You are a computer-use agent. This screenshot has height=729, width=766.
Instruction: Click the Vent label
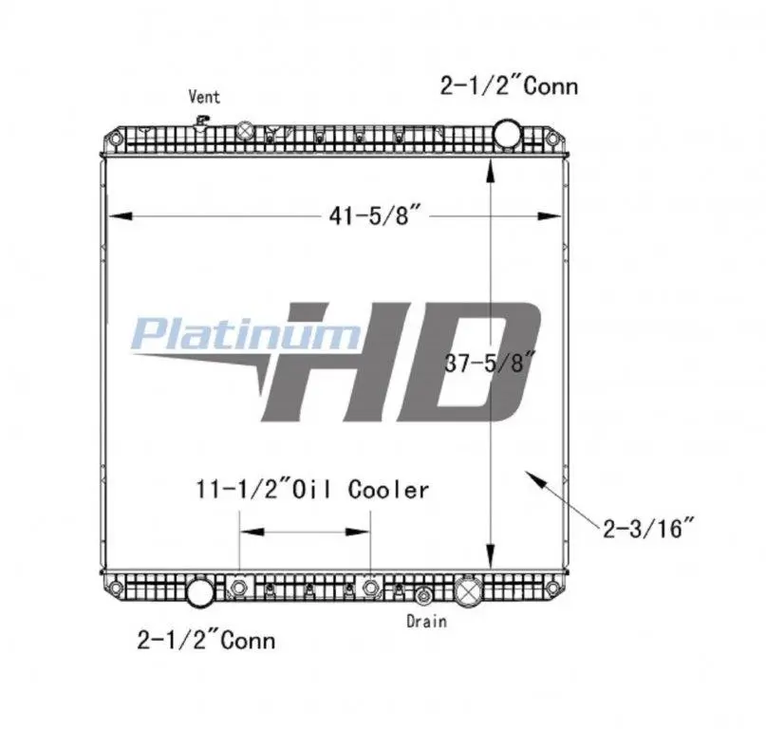pyautogui.click(x=204, y=96)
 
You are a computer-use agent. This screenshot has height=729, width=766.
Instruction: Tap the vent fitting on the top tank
pyautogui.click(x=201, y=121)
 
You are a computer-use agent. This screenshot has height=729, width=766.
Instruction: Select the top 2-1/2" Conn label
pyautogui.click(x=509, y=86)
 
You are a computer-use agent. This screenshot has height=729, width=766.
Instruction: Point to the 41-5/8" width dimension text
pyautogui.click(x=375, y=215)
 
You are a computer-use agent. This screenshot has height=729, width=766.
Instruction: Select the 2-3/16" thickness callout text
pyautogui.click(x=648, y=528)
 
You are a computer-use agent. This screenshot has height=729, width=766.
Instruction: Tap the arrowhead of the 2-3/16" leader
pyautogui.click(x=531, y=477)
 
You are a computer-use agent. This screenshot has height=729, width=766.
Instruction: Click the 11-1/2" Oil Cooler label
pyautogui.click(x=312, y=489)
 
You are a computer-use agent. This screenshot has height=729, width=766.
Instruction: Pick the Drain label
pyautogui.click(x=426, y=621)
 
